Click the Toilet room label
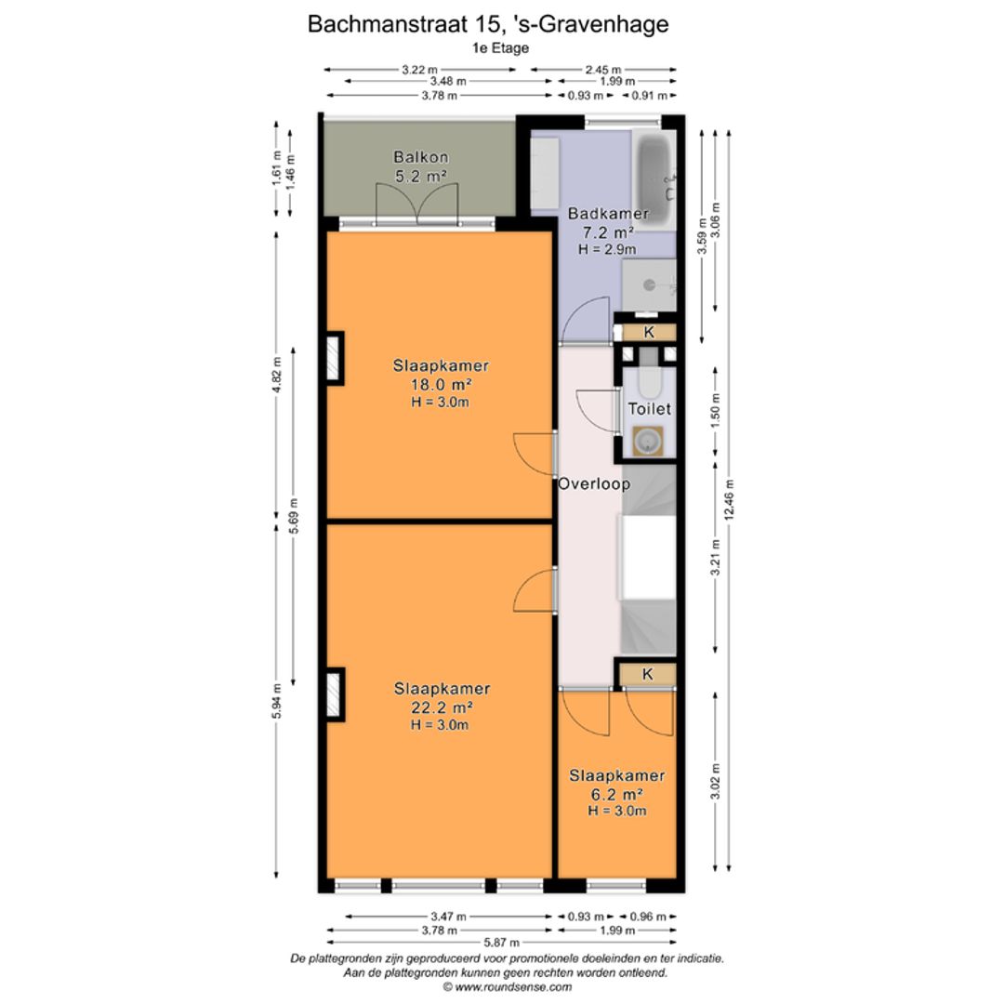coord(649,408)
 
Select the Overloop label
coord(593,483)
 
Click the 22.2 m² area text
coord(441,707)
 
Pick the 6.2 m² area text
coord(617,794)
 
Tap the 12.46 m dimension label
coord(730,502)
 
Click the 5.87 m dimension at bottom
coord(502,944)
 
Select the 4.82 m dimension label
coord(276,376)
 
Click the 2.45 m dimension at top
coord(603,69)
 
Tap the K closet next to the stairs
coord(647,674)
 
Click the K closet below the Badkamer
coord(648,332)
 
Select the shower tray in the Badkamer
coord(648,284)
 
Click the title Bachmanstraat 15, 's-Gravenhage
coord(487,24)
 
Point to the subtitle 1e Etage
coord(500,47)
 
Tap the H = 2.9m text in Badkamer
coord(607,249)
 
